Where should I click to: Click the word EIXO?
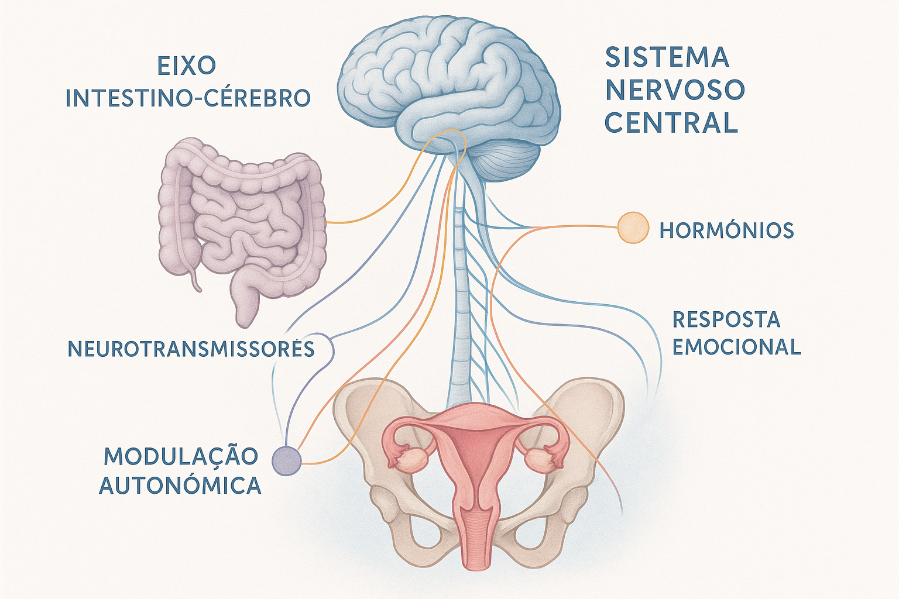(187, 66)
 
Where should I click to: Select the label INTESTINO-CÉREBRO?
(188, 98)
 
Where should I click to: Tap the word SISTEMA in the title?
(667, 57)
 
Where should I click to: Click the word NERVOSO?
(675, 89)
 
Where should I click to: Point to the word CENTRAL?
(671, 122)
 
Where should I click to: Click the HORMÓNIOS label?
(726, 230)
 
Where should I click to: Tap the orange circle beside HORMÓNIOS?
(633, 228)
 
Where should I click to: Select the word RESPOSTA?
(726, 319)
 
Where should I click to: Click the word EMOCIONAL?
(737, 347)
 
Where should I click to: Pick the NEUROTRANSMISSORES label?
(191, 349)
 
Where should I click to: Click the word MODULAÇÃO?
(181, 456)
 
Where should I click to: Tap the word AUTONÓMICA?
(180, 486)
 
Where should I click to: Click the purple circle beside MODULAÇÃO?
(287, 462)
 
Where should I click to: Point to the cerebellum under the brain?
(506, 160)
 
